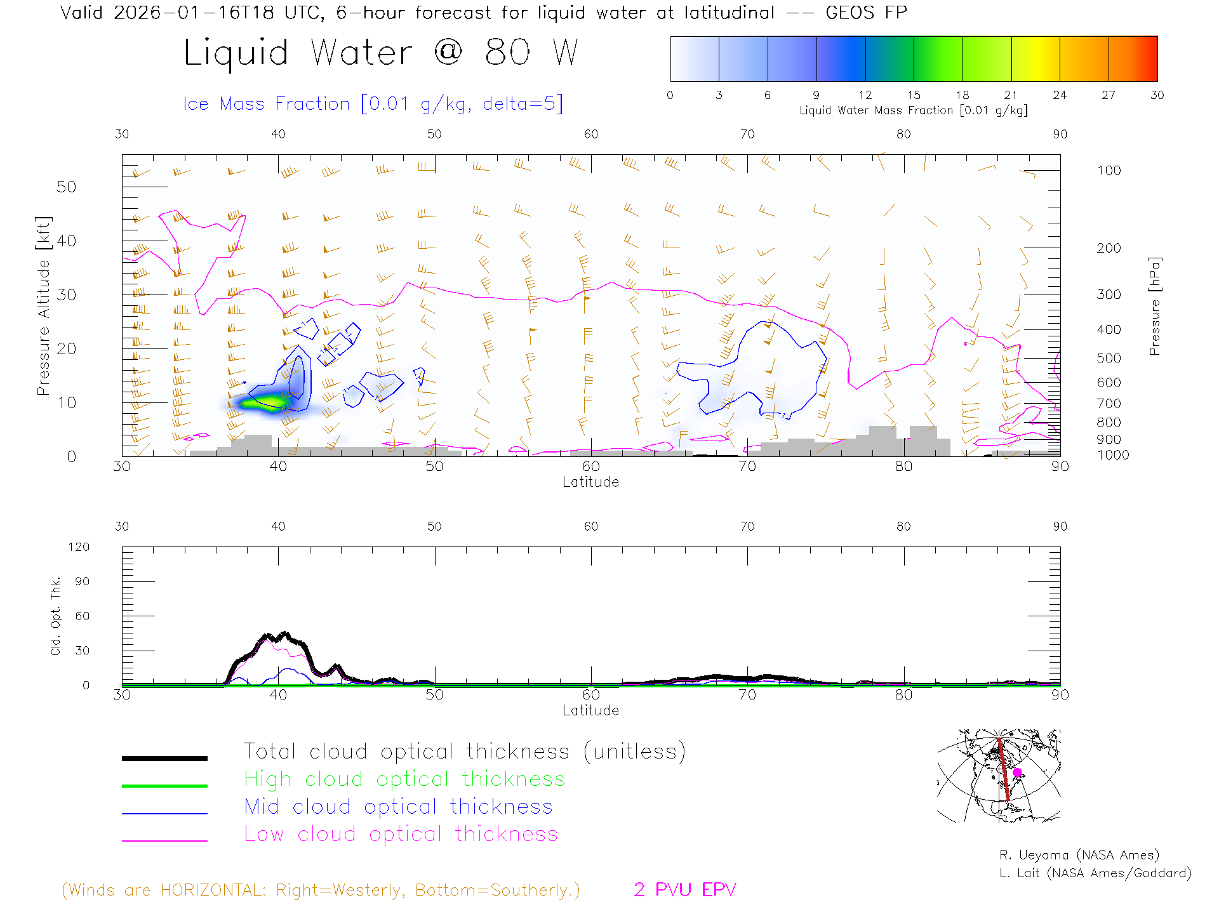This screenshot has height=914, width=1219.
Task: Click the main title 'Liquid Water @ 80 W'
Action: coord(381,53)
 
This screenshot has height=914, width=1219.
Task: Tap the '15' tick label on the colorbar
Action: coord(914,95)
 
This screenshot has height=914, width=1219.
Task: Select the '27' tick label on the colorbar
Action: coord(1109,95)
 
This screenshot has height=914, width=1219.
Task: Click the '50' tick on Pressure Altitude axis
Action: coord(66,187)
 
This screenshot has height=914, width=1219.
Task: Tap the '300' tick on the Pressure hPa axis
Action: coord(1109,295)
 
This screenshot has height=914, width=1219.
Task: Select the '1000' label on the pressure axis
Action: coord(1113,455)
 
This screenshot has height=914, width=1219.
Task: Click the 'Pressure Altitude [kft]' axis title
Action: coord(43,306)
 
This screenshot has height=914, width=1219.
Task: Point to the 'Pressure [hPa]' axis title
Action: coord(1155,306)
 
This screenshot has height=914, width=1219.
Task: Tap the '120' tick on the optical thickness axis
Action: coord(79,547)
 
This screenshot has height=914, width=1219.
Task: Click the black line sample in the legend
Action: coord(164,758)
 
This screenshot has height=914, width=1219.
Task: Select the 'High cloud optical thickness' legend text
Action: coord(404,779)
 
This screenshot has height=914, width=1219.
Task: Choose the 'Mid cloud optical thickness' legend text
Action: coord(398,807)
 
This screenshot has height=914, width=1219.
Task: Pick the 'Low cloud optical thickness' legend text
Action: coord(401,835)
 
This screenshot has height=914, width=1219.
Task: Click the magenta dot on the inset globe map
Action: coord(1017,772)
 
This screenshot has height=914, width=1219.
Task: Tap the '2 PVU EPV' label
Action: coord(684,890)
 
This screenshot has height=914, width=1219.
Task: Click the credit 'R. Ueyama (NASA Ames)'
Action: coord(1079,855)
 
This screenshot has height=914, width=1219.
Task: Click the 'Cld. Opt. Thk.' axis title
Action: coord(56,616)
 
